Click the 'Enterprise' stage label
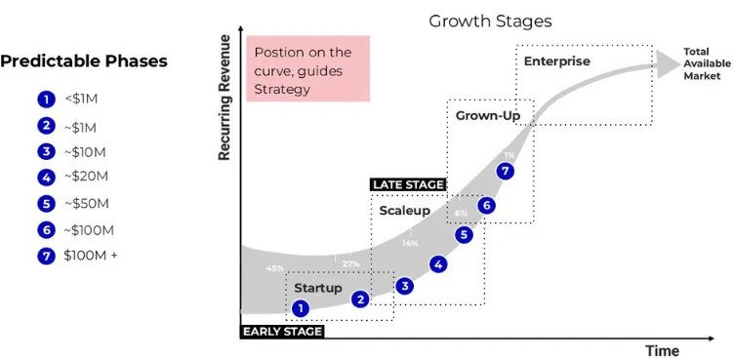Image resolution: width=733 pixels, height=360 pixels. (557, 61)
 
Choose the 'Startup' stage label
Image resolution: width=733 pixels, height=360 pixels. (318, 288)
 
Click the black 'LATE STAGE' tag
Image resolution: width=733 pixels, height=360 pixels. (408, 184)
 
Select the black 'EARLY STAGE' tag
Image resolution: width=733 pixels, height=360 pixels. (282, 332)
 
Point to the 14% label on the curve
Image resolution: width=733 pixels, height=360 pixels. (410, 243)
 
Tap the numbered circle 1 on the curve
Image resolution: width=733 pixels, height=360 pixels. (301, 308)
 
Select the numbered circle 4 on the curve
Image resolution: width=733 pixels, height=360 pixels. (438, 263)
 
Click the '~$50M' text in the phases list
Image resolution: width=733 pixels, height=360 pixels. (89, 205)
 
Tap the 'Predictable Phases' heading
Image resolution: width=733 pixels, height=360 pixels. (84, 61)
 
